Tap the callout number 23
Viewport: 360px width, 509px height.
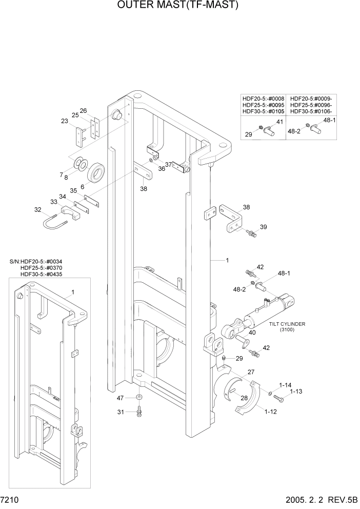coord(64,121)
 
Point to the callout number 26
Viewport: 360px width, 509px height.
coord(83,110)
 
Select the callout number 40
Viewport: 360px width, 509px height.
coord(252,332)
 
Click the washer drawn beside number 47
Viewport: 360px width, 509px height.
coord(139,398)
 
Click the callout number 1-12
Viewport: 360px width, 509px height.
coord(271,411)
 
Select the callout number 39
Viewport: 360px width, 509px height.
coord(263,227)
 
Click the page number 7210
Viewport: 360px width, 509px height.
coord(11,499)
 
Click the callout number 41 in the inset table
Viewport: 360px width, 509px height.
coord(279,122)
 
